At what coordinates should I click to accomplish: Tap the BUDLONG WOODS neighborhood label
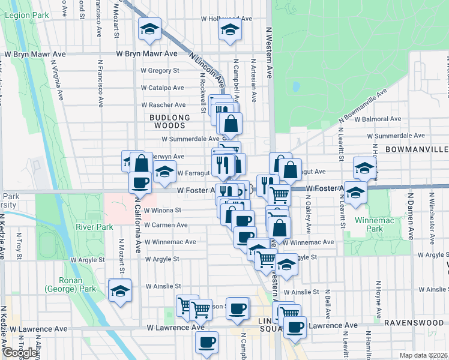[x=170, y=121]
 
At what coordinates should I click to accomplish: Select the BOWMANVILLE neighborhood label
[x=417, y=149]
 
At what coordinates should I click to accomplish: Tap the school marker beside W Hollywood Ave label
[x=230, y=29]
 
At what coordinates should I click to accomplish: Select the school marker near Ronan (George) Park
[x=120, y=290]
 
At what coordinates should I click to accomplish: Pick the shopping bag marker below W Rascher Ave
[x=231, y=124]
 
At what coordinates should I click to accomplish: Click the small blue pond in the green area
[x=295, y=86]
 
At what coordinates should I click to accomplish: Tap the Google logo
[x=20, y=352]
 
